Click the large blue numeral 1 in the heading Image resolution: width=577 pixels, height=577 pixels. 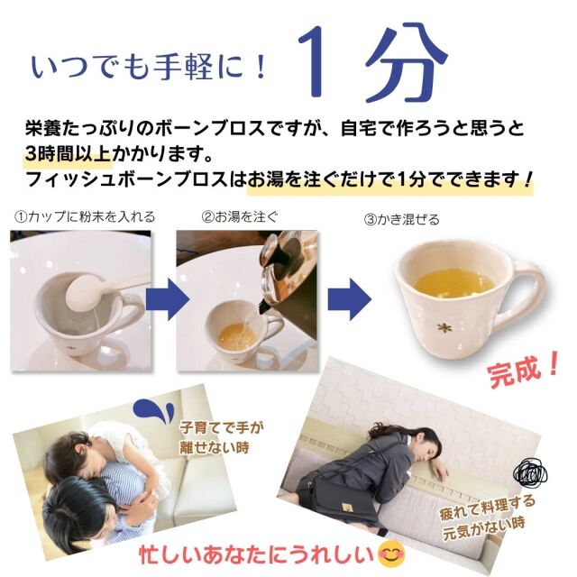313,62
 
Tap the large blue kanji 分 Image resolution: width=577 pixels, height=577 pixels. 404,62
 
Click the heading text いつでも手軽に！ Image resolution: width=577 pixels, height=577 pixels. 148,68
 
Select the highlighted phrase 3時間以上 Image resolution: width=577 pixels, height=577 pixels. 69,154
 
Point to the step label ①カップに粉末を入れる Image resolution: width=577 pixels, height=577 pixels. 85,216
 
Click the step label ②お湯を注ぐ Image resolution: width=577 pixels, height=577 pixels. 240,216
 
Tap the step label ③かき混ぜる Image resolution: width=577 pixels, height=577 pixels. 401,220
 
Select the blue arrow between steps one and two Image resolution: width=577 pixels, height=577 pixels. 167,298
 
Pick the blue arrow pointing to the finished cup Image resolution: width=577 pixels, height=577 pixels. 350,298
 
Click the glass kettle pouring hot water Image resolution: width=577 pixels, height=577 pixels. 288,279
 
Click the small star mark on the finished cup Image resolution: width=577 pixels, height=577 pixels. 442,326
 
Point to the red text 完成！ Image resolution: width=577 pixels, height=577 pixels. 523,371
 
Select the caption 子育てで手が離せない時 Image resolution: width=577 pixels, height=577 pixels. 220,437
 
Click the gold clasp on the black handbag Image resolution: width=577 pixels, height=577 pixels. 346,507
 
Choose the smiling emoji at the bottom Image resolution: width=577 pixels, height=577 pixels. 391,554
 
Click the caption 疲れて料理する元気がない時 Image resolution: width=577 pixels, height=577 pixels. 486,517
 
